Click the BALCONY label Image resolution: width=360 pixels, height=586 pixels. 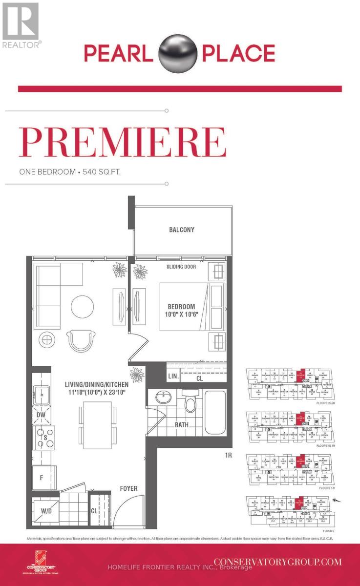182,230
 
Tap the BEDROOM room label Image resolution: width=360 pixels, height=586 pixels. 182,307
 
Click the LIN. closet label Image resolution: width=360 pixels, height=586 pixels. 172,377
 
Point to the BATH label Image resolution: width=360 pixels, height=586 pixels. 182,425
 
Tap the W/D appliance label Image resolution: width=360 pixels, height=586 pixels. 47,511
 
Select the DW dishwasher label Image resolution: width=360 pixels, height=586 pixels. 41,415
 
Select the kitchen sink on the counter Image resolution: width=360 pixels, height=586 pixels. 41,393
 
